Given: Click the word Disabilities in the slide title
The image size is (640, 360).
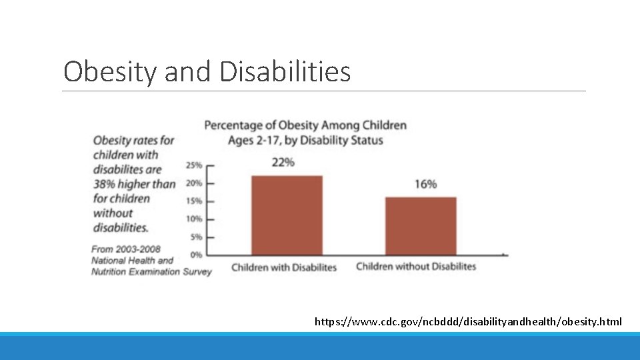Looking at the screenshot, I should [285, 71].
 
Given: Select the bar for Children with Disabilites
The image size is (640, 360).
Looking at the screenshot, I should [287, 215].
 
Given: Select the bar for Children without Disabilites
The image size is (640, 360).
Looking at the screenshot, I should [421, 225].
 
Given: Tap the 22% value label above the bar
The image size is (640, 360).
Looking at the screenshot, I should [283, 162].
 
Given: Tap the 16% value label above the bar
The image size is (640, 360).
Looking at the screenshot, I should [425, 184].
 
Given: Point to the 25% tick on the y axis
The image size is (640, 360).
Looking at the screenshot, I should [195, 165].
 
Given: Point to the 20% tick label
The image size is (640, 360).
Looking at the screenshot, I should [195, 183].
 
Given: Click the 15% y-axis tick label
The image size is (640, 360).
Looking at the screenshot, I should [195, 201].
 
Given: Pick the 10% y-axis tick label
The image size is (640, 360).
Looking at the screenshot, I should [195, 219].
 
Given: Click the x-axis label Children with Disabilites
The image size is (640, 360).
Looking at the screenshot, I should [284, 267].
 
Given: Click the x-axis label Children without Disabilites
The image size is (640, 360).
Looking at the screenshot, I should [416, 267].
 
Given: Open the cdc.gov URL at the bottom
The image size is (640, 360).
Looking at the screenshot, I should [468, 322].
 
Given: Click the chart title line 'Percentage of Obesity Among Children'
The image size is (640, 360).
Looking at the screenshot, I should [305, 125].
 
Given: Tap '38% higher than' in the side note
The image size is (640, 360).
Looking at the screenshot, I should [134, 184].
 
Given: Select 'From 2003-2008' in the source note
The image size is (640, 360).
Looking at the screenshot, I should [126, 249].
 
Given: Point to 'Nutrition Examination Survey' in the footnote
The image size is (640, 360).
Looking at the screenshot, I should [151, 271].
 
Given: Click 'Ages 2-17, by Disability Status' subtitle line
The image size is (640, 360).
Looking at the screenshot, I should [305, 140].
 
